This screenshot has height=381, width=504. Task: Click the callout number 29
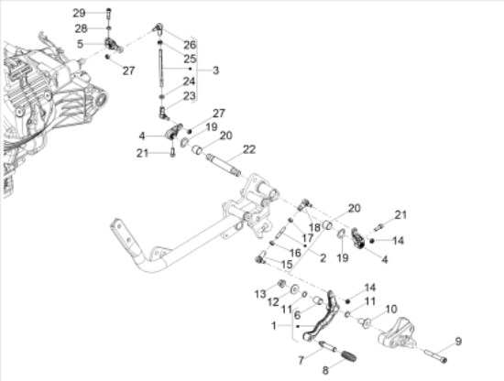[79, 13]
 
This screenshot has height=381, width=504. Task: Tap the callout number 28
[81, 28]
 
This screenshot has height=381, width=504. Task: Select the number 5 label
[80, 44]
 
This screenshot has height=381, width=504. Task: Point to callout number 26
[190, 45]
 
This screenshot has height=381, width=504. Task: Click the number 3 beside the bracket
[215, 71]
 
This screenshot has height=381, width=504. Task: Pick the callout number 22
[249, 149]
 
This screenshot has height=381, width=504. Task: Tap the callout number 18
[314, 227]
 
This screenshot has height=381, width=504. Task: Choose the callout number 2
[323, 257]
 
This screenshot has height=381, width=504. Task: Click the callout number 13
[260, 294]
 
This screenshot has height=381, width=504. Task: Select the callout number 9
[458, 341]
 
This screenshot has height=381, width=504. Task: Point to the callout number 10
[391, 310]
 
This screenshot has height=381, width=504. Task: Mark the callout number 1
[274, 326]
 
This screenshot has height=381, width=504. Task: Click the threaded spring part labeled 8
[348, 355]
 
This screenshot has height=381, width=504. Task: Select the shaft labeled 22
[225, 165]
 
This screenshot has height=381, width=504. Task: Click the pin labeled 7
[328, 346]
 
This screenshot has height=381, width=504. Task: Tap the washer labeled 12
[294, 289]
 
